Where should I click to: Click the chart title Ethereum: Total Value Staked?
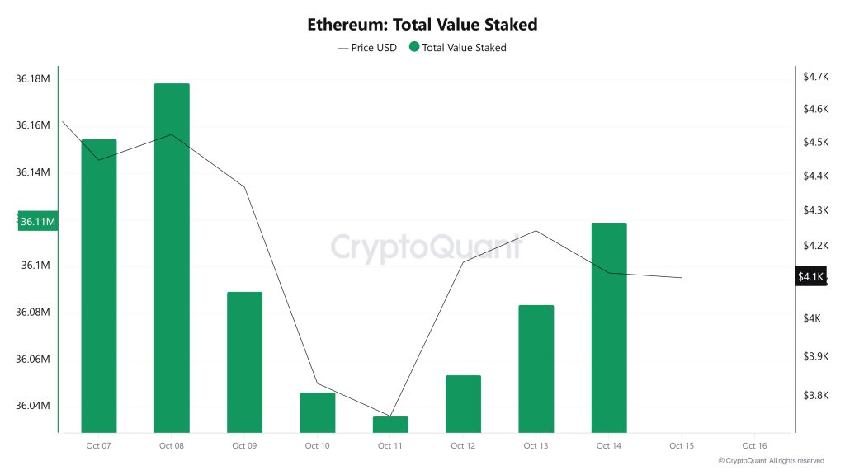(x=422, y=25)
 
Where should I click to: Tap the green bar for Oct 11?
(x=390, y=424)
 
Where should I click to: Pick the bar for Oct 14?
(x=609, y=327)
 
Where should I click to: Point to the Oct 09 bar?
(x=244, y=361)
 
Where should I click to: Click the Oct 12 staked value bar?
(x=463, y=403)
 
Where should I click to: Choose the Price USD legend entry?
(x=367, y=48)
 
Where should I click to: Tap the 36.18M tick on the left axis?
(x=33, y=79)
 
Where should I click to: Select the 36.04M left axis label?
(x=33, y=406)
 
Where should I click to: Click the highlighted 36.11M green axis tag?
(x=38, y=222)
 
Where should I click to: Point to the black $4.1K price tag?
(x=810, y=277)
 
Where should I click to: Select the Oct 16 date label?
(x=754, y=446)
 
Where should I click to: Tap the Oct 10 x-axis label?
(x=317, y=446)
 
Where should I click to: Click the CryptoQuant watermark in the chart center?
(x=426, y=247)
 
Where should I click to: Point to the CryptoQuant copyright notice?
(x=771, y=461)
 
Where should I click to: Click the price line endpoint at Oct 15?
(x=682, y=278)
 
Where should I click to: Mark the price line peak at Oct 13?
(x=536, y=231)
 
